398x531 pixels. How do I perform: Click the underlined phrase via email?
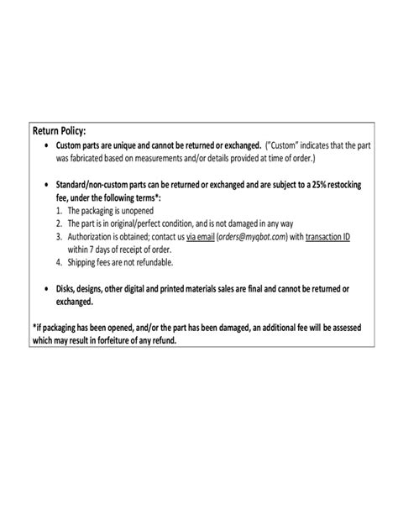(202, 238)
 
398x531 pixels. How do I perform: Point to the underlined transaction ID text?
(328, 238)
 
